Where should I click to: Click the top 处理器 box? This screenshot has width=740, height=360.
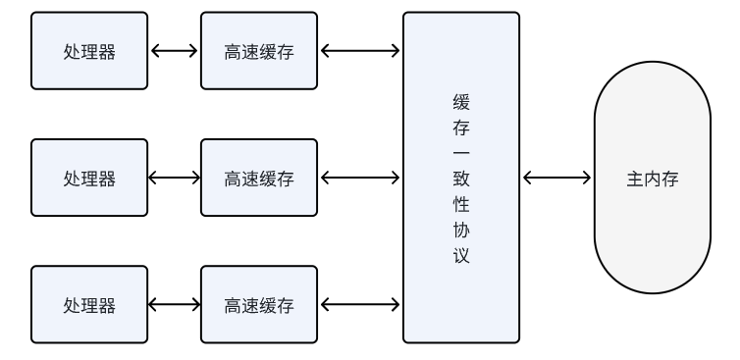tap(89, 51)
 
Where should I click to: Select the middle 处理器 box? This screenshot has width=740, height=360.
tap(89, 178)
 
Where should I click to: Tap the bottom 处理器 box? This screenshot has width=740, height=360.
tap(89, 304)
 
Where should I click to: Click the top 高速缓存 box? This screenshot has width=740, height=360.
tap(259, 51)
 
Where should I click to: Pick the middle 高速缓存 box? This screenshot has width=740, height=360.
tap(259, 178)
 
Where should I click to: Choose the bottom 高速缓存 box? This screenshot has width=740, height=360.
tap(259, 304)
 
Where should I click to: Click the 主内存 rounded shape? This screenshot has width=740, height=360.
tap(653, 180)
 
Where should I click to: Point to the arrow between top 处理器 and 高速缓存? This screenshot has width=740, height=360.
tap(174, 51)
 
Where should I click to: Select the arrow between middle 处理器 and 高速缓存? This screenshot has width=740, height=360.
tap(174, 178)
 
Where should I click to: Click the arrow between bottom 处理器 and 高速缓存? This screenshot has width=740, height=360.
tap(174, 304)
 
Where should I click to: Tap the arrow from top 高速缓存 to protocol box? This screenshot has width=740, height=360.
tap(360, 51)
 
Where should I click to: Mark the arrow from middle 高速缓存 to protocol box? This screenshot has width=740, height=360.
tap(360, 178)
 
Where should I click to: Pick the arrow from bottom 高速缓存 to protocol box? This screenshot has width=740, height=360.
tap(360, 304)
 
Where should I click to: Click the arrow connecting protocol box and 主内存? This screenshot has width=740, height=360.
tap(557, 178)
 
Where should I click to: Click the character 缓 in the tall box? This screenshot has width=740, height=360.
tap(461, 103)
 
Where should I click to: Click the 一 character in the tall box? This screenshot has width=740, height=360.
tap(461, 154)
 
